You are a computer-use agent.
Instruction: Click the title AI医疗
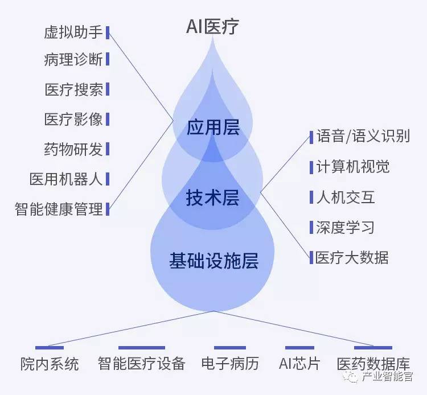point(213,27)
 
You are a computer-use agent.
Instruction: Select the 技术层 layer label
point(212,198)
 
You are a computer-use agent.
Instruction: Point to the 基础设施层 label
point(213,261)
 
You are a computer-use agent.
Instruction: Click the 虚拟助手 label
point(73,32)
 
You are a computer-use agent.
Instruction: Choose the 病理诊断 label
point(73,59)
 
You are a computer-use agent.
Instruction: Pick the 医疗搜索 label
point(73,89)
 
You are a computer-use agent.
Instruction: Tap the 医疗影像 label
point(73,120)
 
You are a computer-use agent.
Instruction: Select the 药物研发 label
point(73,149)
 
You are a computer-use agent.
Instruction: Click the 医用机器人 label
point(66,179)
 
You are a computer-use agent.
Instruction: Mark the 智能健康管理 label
point(59,209)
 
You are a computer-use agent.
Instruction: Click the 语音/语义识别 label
point(363,137)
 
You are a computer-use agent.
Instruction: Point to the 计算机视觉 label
point(353,167)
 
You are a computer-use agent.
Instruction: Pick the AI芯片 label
point(299,364)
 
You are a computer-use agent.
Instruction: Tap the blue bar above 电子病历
point(230,348)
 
